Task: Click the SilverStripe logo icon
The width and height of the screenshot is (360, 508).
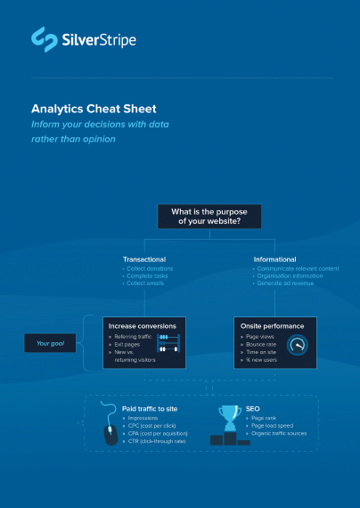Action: (x=42, y=37)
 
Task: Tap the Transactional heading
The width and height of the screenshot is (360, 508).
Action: (x=143, y=259)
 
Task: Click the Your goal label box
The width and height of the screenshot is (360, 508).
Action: (x=50, y=342)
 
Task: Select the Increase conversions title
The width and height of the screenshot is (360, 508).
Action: (x=142, y=326)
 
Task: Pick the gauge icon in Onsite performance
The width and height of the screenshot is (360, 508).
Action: (x=300, y=346)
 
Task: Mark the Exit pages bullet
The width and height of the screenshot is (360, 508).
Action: (x=131, y=344)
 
